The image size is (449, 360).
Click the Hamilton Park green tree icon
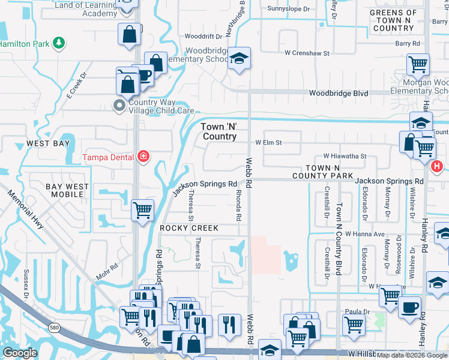58,43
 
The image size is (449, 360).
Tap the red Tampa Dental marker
143,157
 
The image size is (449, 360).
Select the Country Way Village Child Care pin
119,106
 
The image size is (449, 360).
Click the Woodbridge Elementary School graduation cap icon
239,59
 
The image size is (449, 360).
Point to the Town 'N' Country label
219,131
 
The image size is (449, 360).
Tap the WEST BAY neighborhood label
48,144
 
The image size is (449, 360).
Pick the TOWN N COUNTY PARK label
330,172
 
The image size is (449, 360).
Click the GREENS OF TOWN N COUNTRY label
393,20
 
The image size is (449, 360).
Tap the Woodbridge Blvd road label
338,93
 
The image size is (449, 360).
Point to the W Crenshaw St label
307,53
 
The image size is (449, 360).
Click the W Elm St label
268,143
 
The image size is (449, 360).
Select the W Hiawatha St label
345,155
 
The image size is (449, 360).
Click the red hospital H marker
437,166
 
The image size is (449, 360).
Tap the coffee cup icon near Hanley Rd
409,306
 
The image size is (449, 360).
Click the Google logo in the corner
20,353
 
